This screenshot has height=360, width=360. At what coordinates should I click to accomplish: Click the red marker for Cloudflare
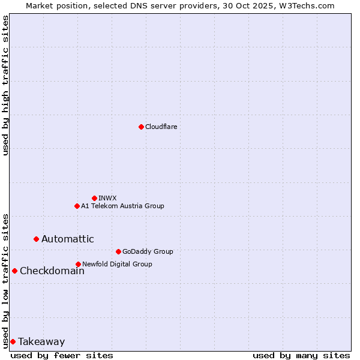coord(141,127)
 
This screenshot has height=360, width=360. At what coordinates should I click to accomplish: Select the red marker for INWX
coord(94,198)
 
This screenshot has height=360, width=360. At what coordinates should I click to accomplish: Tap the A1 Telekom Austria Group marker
coord(77,206)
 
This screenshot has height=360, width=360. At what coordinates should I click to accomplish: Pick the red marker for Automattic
coord(36,239)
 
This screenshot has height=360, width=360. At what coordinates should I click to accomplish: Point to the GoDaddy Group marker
coord(118,251)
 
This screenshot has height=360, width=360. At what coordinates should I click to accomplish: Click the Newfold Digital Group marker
coord(78,264)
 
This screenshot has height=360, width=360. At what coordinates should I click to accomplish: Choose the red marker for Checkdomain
coord(14,271)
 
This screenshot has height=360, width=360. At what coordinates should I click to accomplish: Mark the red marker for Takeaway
coord(13,341)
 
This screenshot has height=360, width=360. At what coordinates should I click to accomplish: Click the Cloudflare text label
coord(161,127)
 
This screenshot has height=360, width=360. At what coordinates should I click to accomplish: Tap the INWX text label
coord(107,198)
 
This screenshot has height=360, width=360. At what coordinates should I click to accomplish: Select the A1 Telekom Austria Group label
coord(122,206)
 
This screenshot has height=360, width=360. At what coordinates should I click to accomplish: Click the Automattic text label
coord(67,239)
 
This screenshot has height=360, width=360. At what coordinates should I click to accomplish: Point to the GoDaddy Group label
coord(148,251)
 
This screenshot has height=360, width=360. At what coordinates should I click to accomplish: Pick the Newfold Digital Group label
coord(117,264)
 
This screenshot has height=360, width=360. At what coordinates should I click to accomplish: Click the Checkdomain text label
coord(52,271)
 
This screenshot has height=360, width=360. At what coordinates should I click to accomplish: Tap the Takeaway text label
coord(41,341)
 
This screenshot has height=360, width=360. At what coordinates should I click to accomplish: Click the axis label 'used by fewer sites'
coord(62,355)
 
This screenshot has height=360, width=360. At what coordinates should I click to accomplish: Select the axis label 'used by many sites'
coord(301,355)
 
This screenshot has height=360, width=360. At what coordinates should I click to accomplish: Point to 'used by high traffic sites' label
coord(5,85)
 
